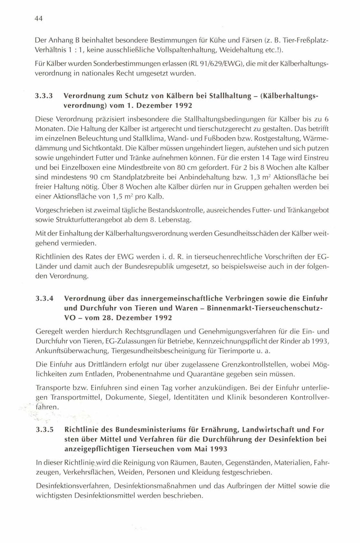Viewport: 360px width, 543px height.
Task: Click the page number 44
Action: [x=39, y=19]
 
